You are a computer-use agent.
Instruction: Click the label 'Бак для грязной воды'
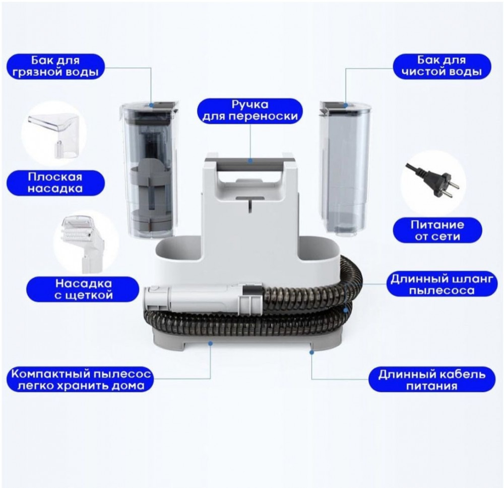55,66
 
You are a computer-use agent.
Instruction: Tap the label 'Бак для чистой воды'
442,66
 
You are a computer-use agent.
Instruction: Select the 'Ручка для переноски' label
250,111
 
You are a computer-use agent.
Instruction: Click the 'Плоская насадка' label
55,183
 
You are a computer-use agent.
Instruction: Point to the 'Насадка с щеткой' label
84,289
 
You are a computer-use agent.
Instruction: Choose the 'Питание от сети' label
437,230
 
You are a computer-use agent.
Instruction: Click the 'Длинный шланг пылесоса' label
442,285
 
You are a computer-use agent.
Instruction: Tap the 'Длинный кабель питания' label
432,380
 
